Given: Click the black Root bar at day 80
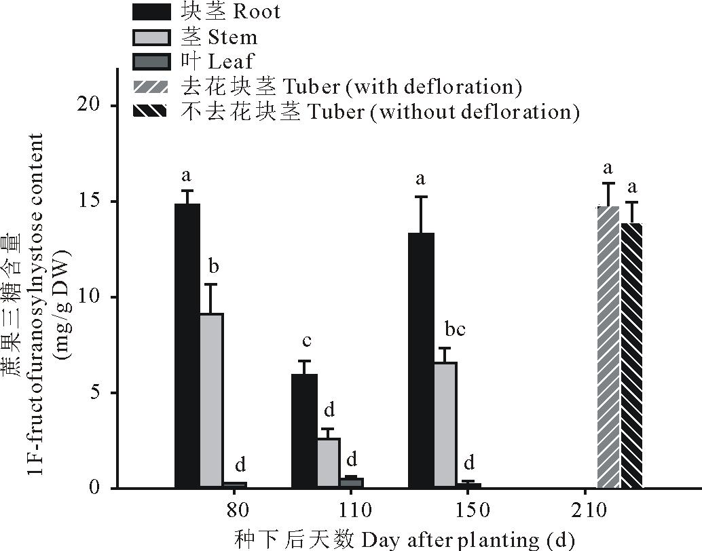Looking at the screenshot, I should pyautogui.click(x=187, y=345).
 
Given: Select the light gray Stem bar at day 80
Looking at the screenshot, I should pyautogui.click(x=211, y=400).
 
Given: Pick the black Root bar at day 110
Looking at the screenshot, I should pyautogui.click(x=304, y=431).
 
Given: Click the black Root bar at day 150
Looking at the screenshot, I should pyautogui.click(x=421, y=360).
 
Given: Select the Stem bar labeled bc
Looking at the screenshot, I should pyautogui.click(x=445, y=425).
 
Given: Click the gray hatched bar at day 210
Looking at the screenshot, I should pyautogui.click(x=608, y=347).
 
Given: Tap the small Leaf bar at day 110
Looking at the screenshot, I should pyautogui.click(x=352, y=482).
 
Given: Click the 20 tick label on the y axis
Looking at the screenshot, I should pyautogui.click(x=92, y=105).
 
